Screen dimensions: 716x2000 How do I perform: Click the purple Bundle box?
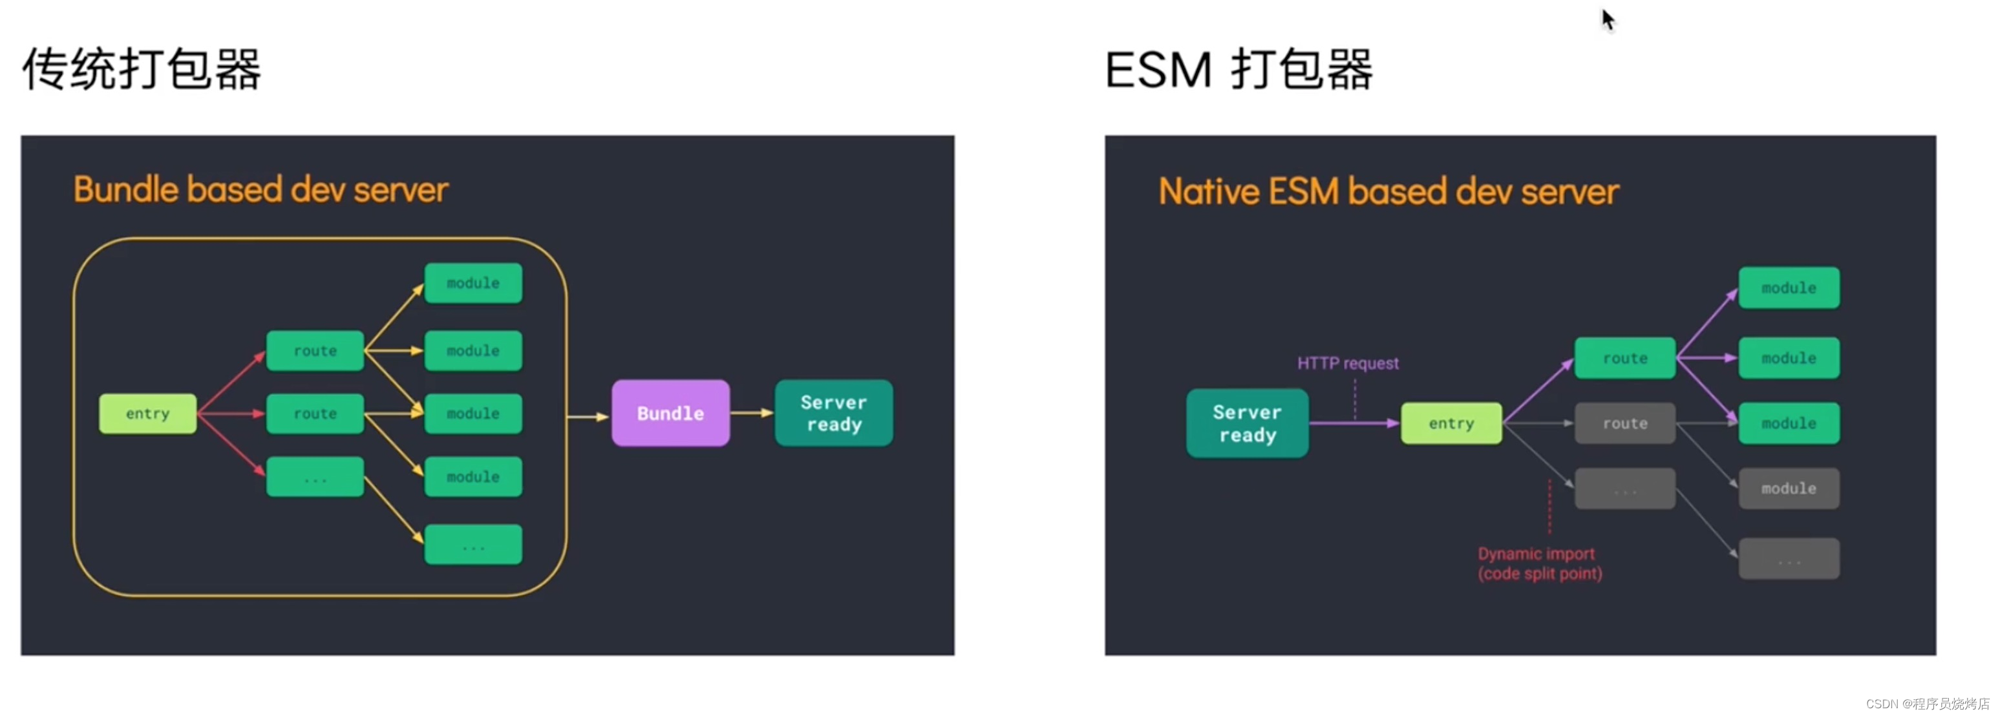coord(670,413)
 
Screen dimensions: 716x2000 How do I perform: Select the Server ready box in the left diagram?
coord(833,413)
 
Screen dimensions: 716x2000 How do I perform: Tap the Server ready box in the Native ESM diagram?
coord(1246,423)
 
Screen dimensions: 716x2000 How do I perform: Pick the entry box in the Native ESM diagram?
coord(1451,423)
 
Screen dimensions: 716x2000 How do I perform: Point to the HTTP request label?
coord(1347,363)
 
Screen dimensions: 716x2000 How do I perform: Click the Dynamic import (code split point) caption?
coord(1539,563)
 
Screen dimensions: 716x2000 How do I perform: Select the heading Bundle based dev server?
coord(261,190)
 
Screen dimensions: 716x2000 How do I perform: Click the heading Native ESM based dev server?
coord(1388,192)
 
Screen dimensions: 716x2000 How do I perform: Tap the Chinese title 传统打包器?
coord(142,69)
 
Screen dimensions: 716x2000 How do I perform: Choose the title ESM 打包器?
coord(1239,70)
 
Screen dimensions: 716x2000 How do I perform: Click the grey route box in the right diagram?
coord(1624,423)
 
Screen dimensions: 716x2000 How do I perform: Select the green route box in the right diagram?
coord(1624,358)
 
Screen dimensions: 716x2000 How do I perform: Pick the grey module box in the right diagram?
coord(1788,489)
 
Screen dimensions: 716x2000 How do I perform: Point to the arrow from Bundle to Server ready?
coord(750,413)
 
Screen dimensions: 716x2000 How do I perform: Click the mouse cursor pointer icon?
coord(1608,19)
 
